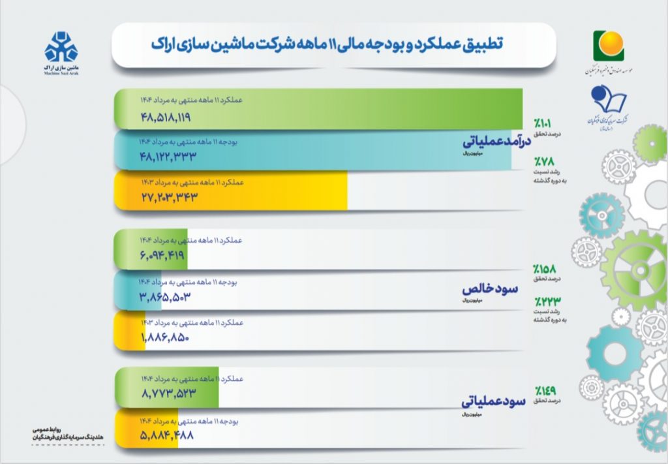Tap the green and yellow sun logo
tap(608, 45)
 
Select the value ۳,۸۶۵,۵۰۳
tap(164, 297)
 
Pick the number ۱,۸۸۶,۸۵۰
tap(164, 337)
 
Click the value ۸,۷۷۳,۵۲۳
tap(168, 394)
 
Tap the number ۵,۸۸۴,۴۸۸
tap(167, 434)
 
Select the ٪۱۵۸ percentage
tap(544, 268)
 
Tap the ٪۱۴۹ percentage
tap(545, 390)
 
